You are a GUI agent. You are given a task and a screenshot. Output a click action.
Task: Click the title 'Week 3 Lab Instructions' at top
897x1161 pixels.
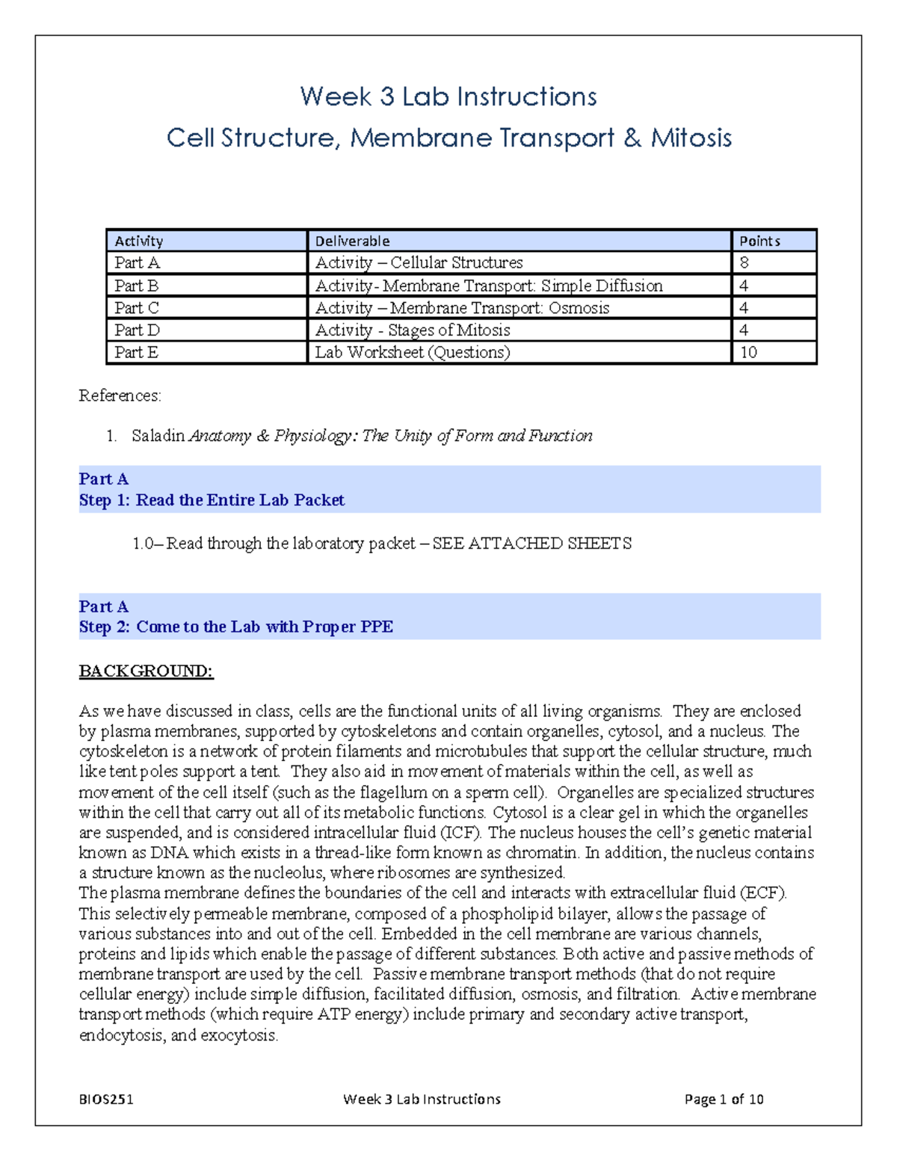coord(448,96)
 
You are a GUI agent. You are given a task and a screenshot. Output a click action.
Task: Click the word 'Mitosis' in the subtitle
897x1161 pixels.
coord(691,138)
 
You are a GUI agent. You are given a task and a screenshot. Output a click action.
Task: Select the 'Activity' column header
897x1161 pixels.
coord(138,241)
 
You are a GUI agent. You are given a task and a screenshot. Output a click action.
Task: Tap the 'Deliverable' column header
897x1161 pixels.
coord(352,241)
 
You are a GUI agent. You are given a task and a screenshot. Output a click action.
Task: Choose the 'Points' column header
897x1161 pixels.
coord(759,241)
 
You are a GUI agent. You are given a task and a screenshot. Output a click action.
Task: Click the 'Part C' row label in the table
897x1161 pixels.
coord(136,308)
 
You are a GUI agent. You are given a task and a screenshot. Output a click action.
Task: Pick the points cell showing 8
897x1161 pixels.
coord(744,262)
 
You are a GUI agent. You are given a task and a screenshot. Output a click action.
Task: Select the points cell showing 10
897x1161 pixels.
coord(748,352)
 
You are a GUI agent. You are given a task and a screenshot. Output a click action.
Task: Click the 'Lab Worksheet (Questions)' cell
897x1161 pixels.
coord(412,352)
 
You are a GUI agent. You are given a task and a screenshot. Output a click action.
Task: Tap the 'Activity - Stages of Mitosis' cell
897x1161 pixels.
coord(412,330)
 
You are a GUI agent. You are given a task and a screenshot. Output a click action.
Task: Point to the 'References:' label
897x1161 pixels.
coord(120,395)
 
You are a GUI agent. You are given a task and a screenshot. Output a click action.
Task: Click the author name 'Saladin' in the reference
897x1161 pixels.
coord(158,436)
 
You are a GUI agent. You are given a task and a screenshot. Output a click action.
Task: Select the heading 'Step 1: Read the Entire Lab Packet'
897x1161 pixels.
coord(212,500)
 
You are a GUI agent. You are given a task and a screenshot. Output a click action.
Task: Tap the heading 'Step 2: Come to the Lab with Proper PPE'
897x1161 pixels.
coord(235,626)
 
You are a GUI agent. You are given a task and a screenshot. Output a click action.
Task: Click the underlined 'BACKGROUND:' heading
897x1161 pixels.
coord(146,671)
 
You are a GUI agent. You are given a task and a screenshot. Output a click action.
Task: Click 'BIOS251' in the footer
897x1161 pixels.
coord(106,1099)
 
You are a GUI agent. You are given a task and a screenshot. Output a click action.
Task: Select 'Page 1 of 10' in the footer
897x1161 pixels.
coord(724,1099)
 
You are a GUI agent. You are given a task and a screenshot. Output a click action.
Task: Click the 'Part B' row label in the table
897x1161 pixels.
coord(136,286)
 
